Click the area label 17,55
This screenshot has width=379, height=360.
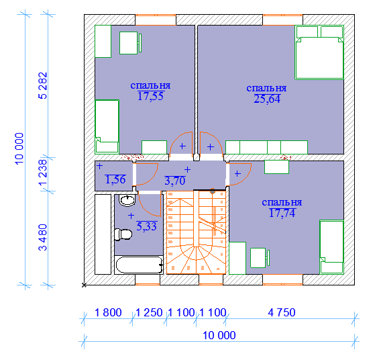coord(150,96)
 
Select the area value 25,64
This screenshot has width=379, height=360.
coord(267,99)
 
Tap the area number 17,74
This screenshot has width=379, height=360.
coord(282,213)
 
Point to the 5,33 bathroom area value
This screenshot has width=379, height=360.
coord(147,226)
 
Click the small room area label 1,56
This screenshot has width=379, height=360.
coord(115,179)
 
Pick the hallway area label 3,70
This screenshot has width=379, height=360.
coord(175,181)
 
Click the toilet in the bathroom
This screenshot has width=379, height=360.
coord(123,234)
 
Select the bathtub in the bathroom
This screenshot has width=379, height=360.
coord(139,265)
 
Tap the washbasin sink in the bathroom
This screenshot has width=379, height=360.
coord(127,200)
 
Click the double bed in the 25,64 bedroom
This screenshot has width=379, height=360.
coord(319,52)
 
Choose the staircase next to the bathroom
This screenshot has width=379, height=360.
coord(197,232)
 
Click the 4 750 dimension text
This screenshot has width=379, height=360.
coord(282,312)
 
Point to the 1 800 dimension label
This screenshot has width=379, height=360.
coord(108,312)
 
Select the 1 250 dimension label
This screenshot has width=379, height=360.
coord(149,312)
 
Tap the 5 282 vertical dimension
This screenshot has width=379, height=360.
coord(43,85)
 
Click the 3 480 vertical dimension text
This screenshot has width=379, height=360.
coord(43,237)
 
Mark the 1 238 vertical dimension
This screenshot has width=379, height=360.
coord(43,172)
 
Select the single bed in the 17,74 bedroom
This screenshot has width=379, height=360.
coord(331,247)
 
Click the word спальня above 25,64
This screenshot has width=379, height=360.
coord(266,88)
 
